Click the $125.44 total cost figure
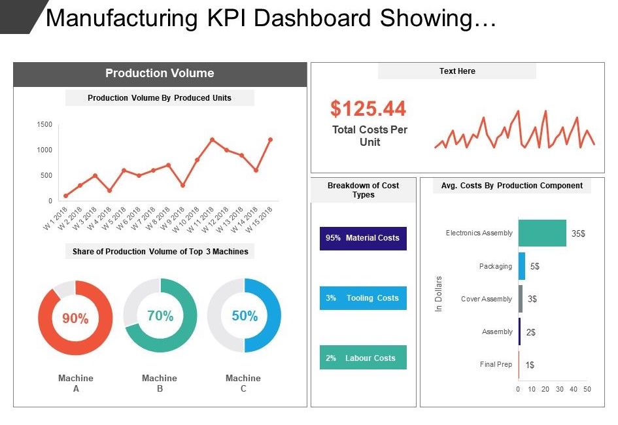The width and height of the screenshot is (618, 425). [368, 109]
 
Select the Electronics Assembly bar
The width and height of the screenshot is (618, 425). [542, 233]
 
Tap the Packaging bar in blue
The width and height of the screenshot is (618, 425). [521, 266]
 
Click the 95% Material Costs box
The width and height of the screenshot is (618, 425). [363, 238]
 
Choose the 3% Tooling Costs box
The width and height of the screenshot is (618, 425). [363, 297]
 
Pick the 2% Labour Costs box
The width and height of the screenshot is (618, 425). [363, 357]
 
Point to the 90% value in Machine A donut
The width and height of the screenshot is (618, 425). [75, 318]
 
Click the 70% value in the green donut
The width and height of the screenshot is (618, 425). [160, 316]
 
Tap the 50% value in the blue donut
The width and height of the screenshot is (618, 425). [245, 316]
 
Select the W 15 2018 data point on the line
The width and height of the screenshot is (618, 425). [270, 139]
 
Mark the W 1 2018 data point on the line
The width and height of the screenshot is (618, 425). [66, 195]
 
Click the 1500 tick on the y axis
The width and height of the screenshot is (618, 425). [44, 124]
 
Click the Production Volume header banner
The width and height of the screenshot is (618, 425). [160, 74]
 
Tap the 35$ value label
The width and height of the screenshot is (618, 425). [578, 233]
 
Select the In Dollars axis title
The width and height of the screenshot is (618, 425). [438, 294]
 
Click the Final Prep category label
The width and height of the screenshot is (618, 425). [496, 364]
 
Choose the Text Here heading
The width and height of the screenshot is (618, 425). [457, 71]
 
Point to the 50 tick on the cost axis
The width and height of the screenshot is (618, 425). [587, 389]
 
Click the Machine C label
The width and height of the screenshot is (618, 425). [243, 383]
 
